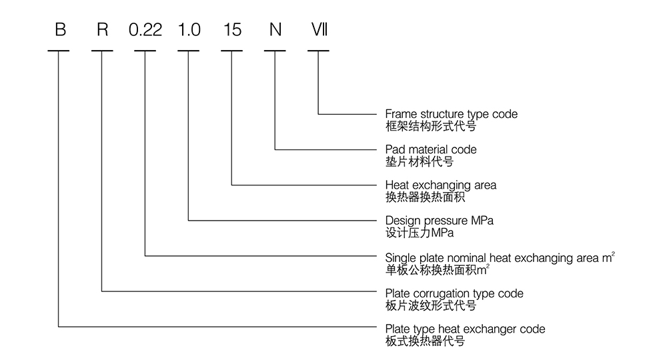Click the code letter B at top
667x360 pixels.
pyautogui.click(x=60, y=31)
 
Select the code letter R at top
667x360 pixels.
pyautogui.click(x=102, y=31)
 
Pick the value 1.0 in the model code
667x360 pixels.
pyautogui.click(x=189, y=31)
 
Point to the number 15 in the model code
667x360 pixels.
pyautogui.click(x=232, y=31)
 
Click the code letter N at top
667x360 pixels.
pyautogui.click(x=275, y=31)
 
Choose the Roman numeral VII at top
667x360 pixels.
pyautogui.click(x=319, y=31)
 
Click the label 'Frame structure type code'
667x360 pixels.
pyautogui.click(x=451, y=114)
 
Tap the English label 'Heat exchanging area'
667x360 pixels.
pyautogui.click(x=441, y=185)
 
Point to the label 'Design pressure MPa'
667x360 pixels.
pyautogui.click(x=440, y=220)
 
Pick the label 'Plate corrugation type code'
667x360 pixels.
pyautogui.click(x=454, y=293)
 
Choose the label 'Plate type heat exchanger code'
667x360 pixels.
pyautogui.click(x=465, y=329)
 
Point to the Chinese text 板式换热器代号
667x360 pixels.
pyautogui.click(x=425, y=341)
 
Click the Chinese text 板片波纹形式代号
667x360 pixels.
pyautogui.click(x=431, y=305)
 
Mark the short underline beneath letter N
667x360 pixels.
pyautogui.click(x=275, y=51)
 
